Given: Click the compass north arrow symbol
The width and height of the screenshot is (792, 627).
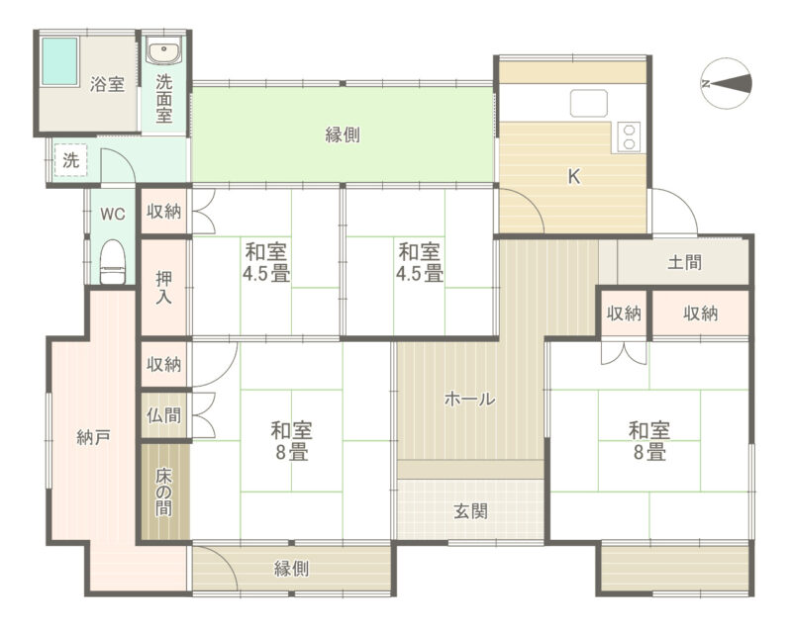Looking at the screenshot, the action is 727,84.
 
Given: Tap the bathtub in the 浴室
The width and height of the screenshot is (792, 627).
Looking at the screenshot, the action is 59,61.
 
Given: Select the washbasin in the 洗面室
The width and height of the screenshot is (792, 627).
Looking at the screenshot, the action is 164,52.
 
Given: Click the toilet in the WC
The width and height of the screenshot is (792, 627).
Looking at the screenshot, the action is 112,262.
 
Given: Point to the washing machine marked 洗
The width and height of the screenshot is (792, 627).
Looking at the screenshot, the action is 70,160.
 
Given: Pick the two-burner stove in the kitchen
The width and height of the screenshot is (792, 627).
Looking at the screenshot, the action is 629,137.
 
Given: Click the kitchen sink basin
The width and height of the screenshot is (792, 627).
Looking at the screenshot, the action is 589,104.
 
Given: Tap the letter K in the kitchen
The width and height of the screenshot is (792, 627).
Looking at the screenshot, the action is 574,177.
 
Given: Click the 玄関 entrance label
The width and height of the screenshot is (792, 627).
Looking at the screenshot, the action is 470,511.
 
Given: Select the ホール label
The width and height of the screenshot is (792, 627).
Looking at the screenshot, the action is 469,399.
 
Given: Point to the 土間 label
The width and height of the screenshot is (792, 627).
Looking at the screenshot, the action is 684,262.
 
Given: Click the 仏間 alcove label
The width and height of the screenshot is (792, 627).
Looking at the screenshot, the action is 163,415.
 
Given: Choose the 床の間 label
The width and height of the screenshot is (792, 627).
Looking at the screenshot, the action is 163,493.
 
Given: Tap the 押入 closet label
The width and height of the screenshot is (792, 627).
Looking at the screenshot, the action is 163,287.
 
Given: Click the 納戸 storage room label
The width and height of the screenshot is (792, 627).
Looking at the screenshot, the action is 93,437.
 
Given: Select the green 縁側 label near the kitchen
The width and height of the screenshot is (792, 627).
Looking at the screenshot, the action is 343,134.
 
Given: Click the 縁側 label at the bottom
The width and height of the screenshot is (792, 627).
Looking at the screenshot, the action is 291,569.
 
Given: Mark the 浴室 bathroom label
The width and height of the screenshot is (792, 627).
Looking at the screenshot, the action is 107,84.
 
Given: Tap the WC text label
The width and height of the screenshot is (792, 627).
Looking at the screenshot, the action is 112,214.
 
